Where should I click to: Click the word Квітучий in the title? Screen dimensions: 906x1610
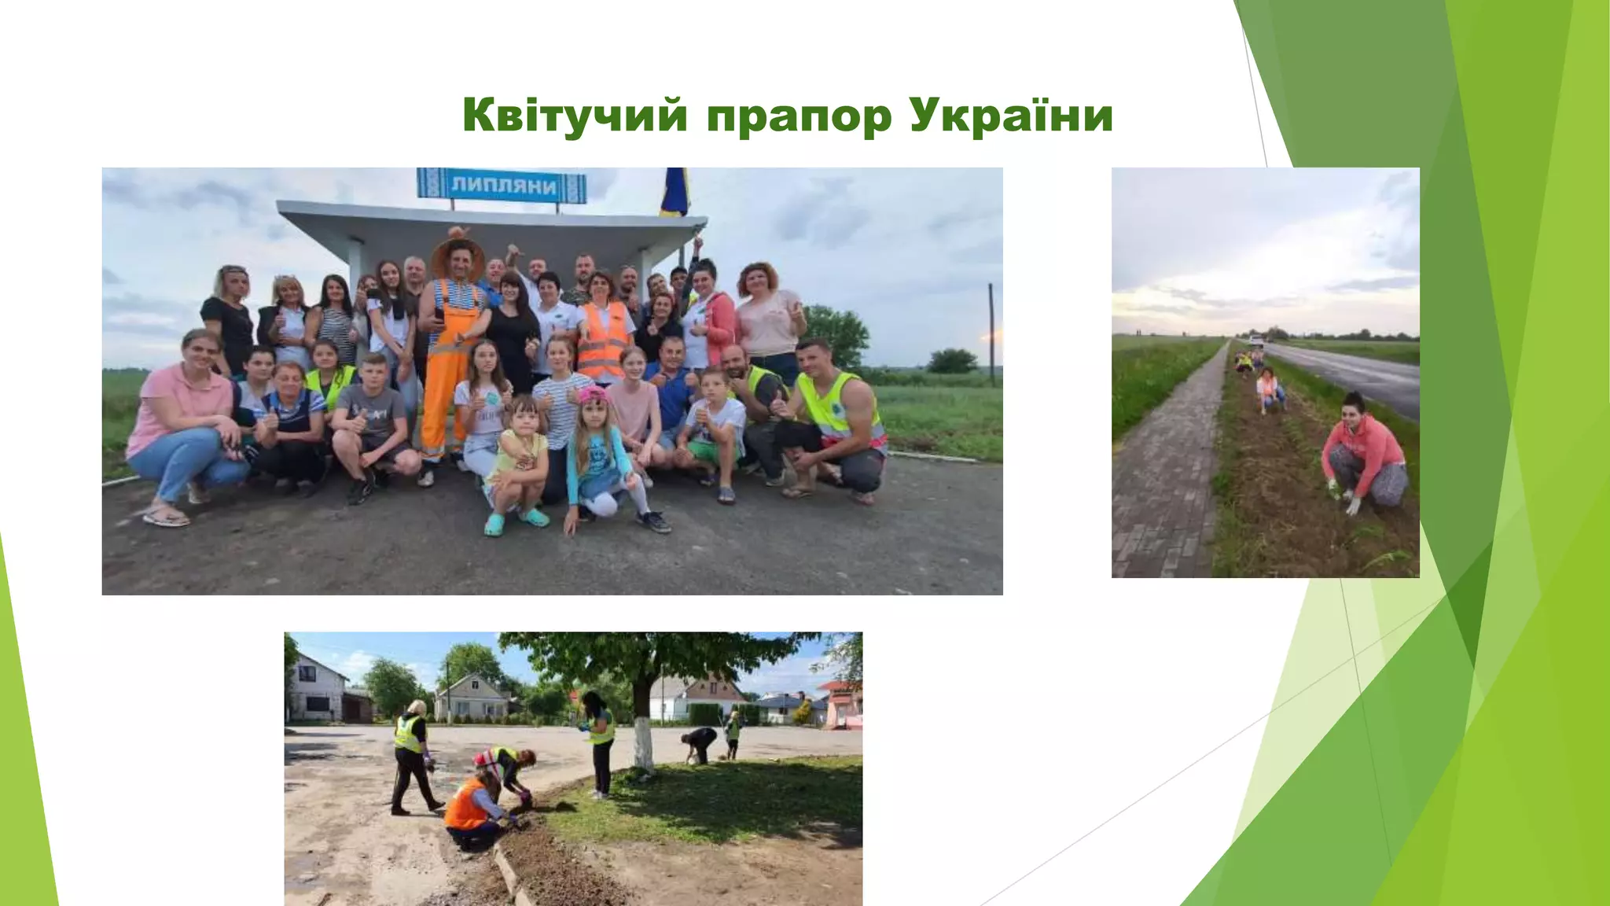(x=575, y=116)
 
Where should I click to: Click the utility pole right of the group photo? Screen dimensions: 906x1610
(x=992, y=334)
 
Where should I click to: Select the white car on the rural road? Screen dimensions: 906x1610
(x=1256, y=341)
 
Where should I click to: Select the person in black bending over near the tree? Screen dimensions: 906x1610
(x=699, y=743)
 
